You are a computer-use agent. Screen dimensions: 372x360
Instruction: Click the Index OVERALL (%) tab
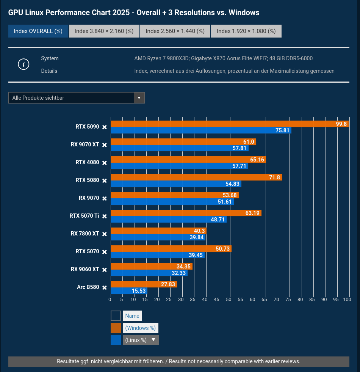click(38, 31)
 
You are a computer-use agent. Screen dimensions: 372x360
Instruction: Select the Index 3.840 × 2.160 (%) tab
click(104, 31)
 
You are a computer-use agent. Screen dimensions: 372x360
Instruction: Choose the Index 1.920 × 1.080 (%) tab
click(246, 31)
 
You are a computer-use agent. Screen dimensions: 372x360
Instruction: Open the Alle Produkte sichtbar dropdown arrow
click(139, 98)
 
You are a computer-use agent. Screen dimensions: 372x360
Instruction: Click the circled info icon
click(23, 64)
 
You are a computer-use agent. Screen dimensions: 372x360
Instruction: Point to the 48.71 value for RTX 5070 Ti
click(218, 220)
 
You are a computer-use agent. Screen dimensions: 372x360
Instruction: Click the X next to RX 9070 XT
click(105, 145)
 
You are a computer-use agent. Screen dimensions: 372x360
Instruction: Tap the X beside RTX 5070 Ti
click(105, 216)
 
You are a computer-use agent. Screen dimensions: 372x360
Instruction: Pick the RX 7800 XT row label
click(85, 234)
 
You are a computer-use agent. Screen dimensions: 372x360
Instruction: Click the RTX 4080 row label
click(87, 162)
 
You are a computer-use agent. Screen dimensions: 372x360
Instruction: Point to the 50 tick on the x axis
click(229, 300)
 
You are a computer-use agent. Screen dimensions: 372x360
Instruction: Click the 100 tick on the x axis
click(347, 300)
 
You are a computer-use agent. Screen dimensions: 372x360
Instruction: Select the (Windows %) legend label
click(140, 328)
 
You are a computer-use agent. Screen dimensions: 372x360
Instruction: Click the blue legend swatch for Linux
click(116, 340)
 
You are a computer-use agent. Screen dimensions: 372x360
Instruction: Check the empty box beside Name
click(116, 316)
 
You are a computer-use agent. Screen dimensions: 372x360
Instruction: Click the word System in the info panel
click(50, 58)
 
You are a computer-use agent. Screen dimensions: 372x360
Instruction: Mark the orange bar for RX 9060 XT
click(152, 267)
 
